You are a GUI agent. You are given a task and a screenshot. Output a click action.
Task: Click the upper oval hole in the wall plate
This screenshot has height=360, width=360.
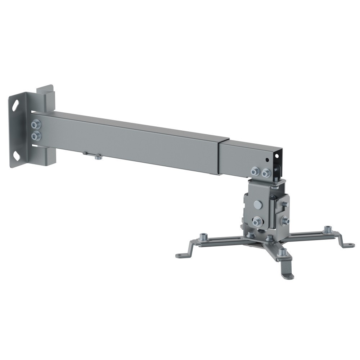[x=16, y=107]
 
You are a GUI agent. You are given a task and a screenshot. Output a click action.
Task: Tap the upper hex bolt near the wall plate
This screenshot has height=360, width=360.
[x=35, y=125]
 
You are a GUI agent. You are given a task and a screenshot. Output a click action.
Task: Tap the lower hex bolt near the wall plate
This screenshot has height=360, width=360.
[x=35, y=136]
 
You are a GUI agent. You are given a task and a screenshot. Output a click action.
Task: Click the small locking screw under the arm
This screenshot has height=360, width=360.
[x=97, y=156]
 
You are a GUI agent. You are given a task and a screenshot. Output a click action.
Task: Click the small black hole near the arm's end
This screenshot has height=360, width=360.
[x=267, y=159]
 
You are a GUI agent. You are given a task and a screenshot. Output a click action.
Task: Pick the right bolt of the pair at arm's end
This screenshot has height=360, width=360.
[x=265, y=173]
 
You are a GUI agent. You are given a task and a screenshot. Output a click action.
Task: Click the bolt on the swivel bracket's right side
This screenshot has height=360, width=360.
[x=286, y=220]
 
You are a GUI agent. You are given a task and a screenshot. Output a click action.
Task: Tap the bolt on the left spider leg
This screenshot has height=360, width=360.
[x=204, y=236]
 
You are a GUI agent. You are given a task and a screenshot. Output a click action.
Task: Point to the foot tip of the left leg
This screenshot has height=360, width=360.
[x=180, y=256]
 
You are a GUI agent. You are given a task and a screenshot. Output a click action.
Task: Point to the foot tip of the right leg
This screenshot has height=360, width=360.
[x=350, y=245]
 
